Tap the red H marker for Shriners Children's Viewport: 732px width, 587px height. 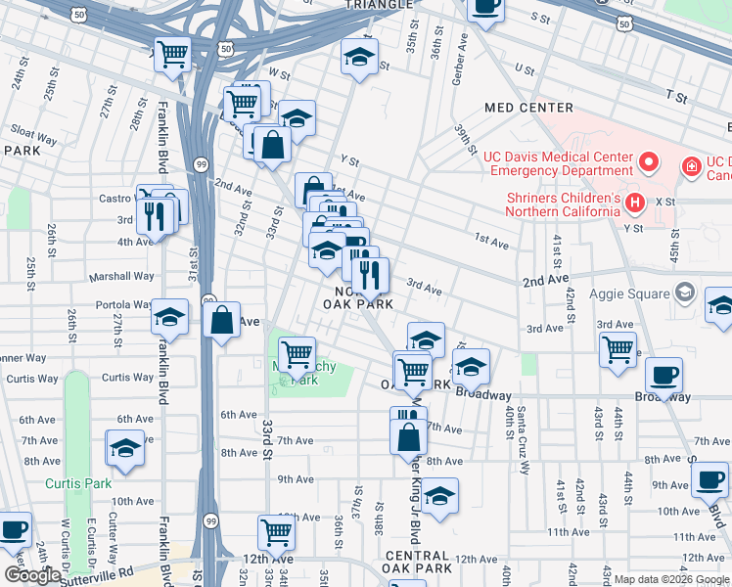[635, 203]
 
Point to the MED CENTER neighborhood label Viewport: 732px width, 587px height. [528, 108]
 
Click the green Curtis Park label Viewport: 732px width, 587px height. [77, 483]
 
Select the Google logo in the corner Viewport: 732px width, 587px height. [32, 575]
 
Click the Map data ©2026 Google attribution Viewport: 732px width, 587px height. [670, 579]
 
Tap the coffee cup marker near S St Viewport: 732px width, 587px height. [485, 7]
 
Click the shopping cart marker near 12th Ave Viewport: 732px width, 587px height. [277, 533]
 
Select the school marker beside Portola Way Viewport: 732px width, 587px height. [170, 317]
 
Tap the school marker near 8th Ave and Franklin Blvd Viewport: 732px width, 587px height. [125, 448]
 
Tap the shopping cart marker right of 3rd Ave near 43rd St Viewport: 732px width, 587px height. [618, 349]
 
